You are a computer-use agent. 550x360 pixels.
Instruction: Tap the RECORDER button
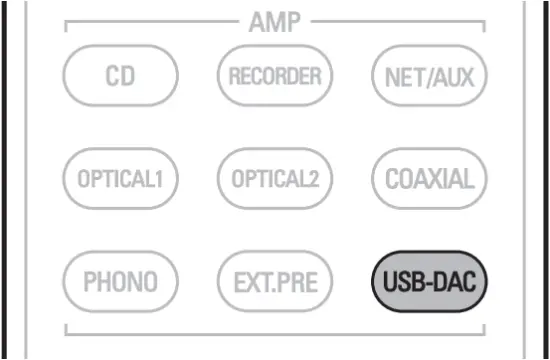(x=274, y=75)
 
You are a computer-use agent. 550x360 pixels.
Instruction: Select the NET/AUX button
(x=429, y=75)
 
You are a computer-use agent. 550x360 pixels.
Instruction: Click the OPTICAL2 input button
(x=274, y=179)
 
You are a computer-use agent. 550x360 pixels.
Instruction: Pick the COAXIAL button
(x=429, y=179)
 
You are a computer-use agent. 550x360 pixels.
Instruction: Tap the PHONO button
(x=120, y=283)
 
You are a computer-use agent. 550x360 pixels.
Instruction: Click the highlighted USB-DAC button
(x=429, y=283)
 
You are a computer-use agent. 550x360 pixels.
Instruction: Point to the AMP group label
(x=273, y=23)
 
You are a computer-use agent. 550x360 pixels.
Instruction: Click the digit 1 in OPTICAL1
(x=159, y=180)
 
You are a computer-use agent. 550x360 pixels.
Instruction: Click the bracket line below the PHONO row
(x=274, y=332)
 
